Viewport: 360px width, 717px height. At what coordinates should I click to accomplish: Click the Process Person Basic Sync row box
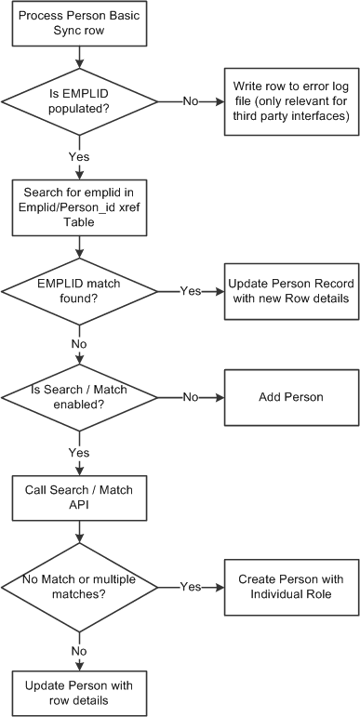(80, 22)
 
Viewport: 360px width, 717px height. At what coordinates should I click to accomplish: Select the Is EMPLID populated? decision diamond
(80, 100)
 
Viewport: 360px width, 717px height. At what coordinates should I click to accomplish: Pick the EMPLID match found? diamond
(80, 290)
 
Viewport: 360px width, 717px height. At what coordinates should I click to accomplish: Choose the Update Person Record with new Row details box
(288, 290)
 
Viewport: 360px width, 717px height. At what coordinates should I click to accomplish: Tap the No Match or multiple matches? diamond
(80, 587)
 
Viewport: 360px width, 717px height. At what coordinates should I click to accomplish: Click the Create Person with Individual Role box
(288, 587)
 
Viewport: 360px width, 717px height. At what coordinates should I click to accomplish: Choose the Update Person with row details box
(80, 692)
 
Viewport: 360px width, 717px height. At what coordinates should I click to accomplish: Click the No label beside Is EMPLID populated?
(190, 100)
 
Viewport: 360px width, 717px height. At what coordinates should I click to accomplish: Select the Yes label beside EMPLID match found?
(190, 291)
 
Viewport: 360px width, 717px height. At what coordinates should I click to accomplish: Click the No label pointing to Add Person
(190, 397)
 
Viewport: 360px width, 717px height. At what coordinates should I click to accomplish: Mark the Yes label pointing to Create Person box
(190, 588)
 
